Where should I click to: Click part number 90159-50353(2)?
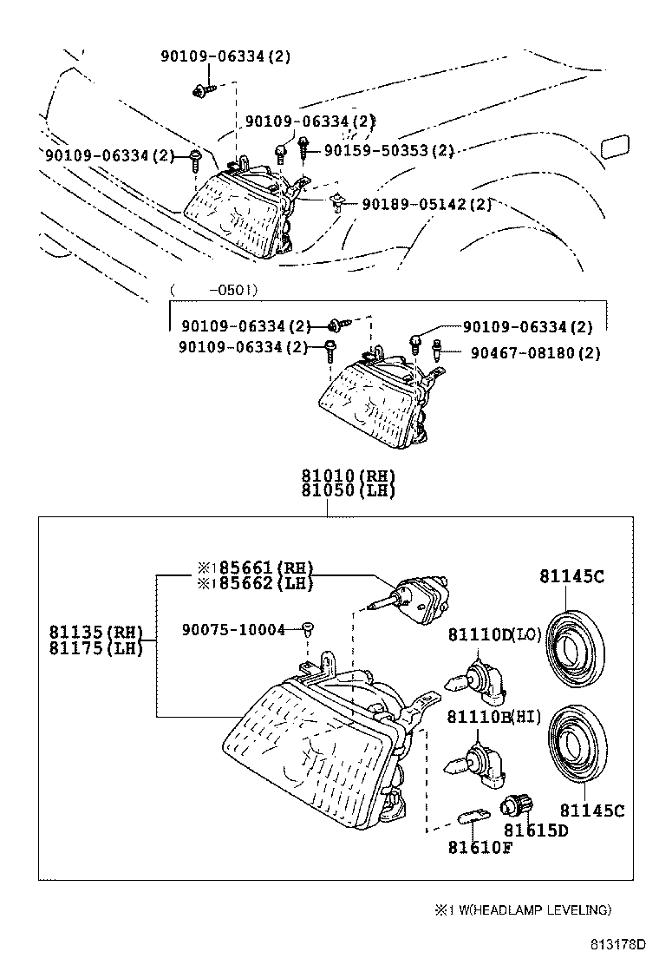click(x=388, y=150)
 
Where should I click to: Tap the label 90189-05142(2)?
click(x=427, y=204)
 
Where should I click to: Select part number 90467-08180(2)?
click(x=536, y=353)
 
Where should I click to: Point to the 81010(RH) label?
click(x=348, y=476)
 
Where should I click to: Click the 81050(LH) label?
click(x=348, y=490)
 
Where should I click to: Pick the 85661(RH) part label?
click(x=255, y=568)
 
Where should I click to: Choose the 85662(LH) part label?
click(x=255, y=582)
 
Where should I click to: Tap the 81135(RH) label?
click(x=96, y=633)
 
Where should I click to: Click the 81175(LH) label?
click(x=96, y=647)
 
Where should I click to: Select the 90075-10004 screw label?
click(x=233, y=629)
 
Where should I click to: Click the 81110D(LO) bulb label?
click(x=495, y=634)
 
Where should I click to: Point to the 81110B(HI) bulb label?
click(x=495, y=716)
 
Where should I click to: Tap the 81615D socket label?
click(x=536, y=830)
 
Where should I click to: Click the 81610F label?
click(x=480, y=848)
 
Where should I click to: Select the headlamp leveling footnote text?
click(x=523, y=909)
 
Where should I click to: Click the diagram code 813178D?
click(x=619, y=944)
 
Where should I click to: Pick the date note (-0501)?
click(x=214, y=289)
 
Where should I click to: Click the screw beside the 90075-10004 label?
click(x=309, y=628)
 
